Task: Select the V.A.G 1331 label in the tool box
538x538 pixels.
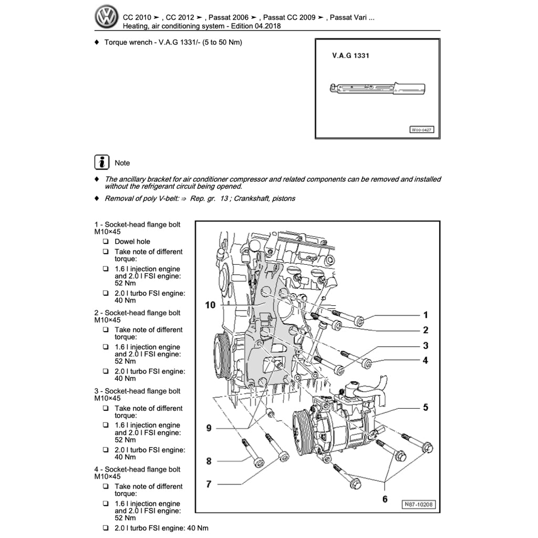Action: (350, 55)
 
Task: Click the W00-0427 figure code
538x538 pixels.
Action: (422, 130)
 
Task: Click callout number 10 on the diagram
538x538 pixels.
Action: (210, 305)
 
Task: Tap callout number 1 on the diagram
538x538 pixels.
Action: (426, 315)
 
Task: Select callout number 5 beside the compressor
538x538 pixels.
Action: (426, 407)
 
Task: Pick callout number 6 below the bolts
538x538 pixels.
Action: (385, 499)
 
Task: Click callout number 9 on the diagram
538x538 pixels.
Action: (209, 428)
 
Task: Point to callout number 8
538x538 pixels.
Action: (209, 461)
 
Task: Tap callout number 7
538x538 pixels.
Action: (209, 484)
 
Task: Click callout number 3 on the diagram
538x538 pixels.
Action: (426, 346)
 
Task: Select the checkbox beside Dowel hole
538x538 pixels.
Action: (106, 242)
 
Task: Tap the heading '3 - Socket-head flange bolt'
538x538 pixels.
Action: (137, 391)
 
